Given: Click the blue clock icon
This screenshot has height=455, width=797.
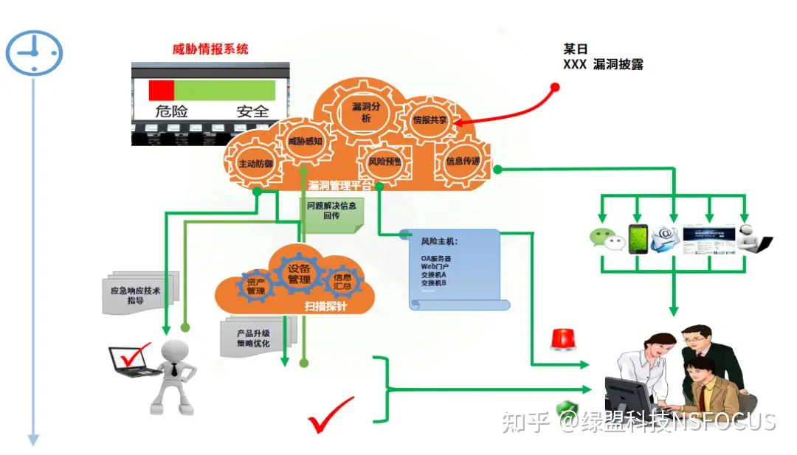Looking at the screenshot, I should click(34, 52).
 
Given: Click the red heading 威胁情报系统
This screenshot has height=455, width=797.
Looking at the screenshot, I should click(210, 49).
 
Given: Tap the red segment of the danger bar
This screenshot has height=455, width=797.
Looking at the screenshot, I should click(162, 90).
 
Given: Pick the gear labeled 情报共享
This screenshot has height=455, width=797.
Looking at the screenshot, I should click(429, 119).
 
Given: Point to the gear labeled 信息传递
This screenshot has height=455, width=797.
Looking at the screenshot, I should click(463, 161).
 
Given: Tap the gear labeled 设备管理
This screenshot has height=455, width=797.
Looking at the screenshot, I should click(298, 274).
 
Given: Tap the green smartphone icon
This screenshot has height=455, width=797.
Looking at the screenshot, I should click(638, 238).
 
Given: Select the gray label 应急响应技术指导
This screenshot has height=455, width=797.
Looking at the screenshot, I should click(135, 295).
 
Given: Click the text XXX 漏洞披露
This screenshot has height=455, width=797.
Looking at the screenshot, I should click(603, 65).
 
